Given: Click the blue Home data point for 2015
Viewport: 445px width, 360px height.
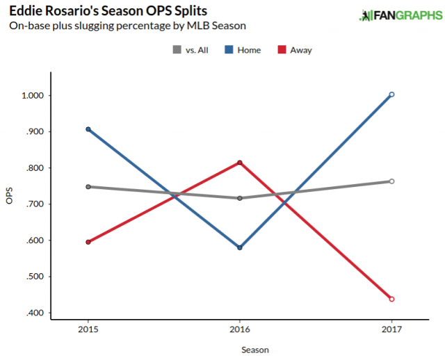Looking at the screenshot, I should pyautogui.click(x=88, y=129).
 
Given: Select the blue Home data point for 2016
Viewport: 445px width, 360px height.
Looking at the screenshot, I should pyautogui.click(x=240, y=247).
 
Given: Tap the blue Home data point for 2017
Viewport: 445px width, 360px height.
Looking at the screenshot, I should pyautogui.click(x=391, y=95).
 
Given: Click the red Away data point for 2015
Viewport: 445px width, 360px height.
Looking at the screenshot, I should pyautogui.click(x=88, y=242).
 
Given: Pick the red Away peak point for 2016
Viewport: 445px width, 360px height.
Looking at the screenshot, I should pyautogui.click(x=240, y=163).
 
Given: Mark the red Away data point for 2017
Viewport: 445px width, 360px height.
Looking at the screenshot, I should pyautogui.click(x=391, y=299).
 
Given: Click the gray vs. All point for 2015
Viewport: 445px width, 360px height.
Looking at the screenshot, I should pyautogui.click(x=88, y=186).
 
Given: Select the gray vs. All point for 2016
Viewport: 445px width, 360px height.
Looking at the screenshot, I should pyautogui.click(x=240, y=198).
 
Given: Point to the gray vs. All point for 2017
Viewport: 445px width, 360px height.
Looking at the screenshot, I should pyautogui.click(x=391, y=181).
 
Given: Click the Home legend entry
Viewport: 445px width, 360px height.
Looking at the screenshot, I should pyautogui.click(x=243, y=50).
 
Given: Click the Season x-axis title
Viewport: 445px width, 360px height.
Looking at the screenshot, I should pyautogui.click(x=254, y=350).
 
